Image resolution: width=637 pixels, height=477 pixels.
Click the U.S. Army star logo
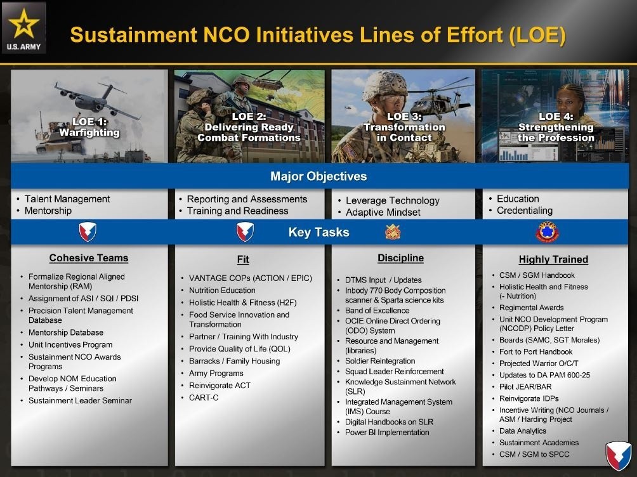tap(24, 28)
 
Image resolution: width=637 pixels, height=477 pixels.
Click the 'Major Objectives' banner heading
tap(318, 176)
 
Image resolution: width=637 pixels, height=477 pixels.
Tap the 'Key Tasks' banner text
tap(319, 232)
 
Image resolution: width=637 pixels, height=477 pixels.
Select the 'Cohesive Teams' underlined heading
tap(89, 258)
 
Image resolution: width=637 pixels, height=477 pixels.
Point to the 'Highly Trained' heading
tap(553, 259)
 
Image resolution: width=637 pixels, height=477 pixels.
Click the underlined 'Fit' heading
tap(243, 259)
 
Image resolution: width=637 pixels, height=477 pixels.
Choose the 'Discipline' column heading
tap(400, 258)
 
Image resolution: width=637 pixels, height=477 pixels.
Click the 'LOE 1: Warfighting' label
tap(89, 127)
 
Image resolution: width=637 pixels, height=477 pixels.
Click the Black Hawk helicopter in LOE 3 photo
tap(439, 100)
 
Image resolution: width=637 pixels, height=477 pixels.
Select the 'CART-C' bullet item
tap(204, 398)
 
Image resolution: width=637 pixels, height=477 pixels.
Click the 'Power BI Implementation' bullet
tap(387, 433)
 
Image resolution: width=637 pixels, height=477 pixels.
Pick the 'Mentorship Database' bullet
tap(66, 332)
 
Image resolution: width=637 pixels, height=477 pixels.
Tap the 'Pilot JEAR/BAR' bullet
tap(525, 387)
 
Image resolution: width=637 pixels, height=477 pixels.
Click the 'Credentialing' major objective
tap(525, 211)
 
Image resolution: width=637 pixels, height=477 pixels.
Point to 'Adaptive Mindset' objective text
tap(383, 212)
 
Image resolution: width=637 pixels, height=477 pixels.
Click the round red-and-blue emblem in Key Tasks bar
tap(548, 232)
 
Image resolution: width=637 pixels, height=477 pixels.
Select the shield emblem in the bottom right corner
tap(619, 456)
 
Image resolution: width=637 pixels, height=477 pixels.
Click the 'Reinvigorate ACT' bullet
tap(220, 386)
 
